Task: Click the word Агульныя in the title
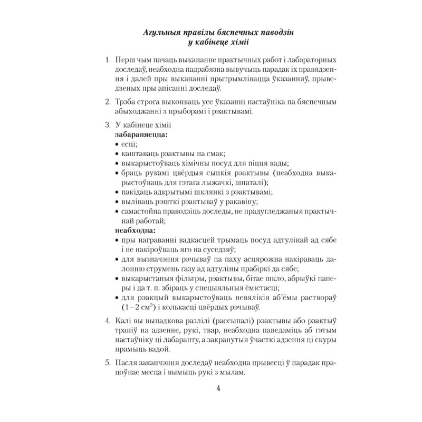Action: (162, 33)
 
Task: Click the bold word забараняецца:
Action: (139, 135)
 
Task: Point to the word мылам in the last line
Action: (234, 372)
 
